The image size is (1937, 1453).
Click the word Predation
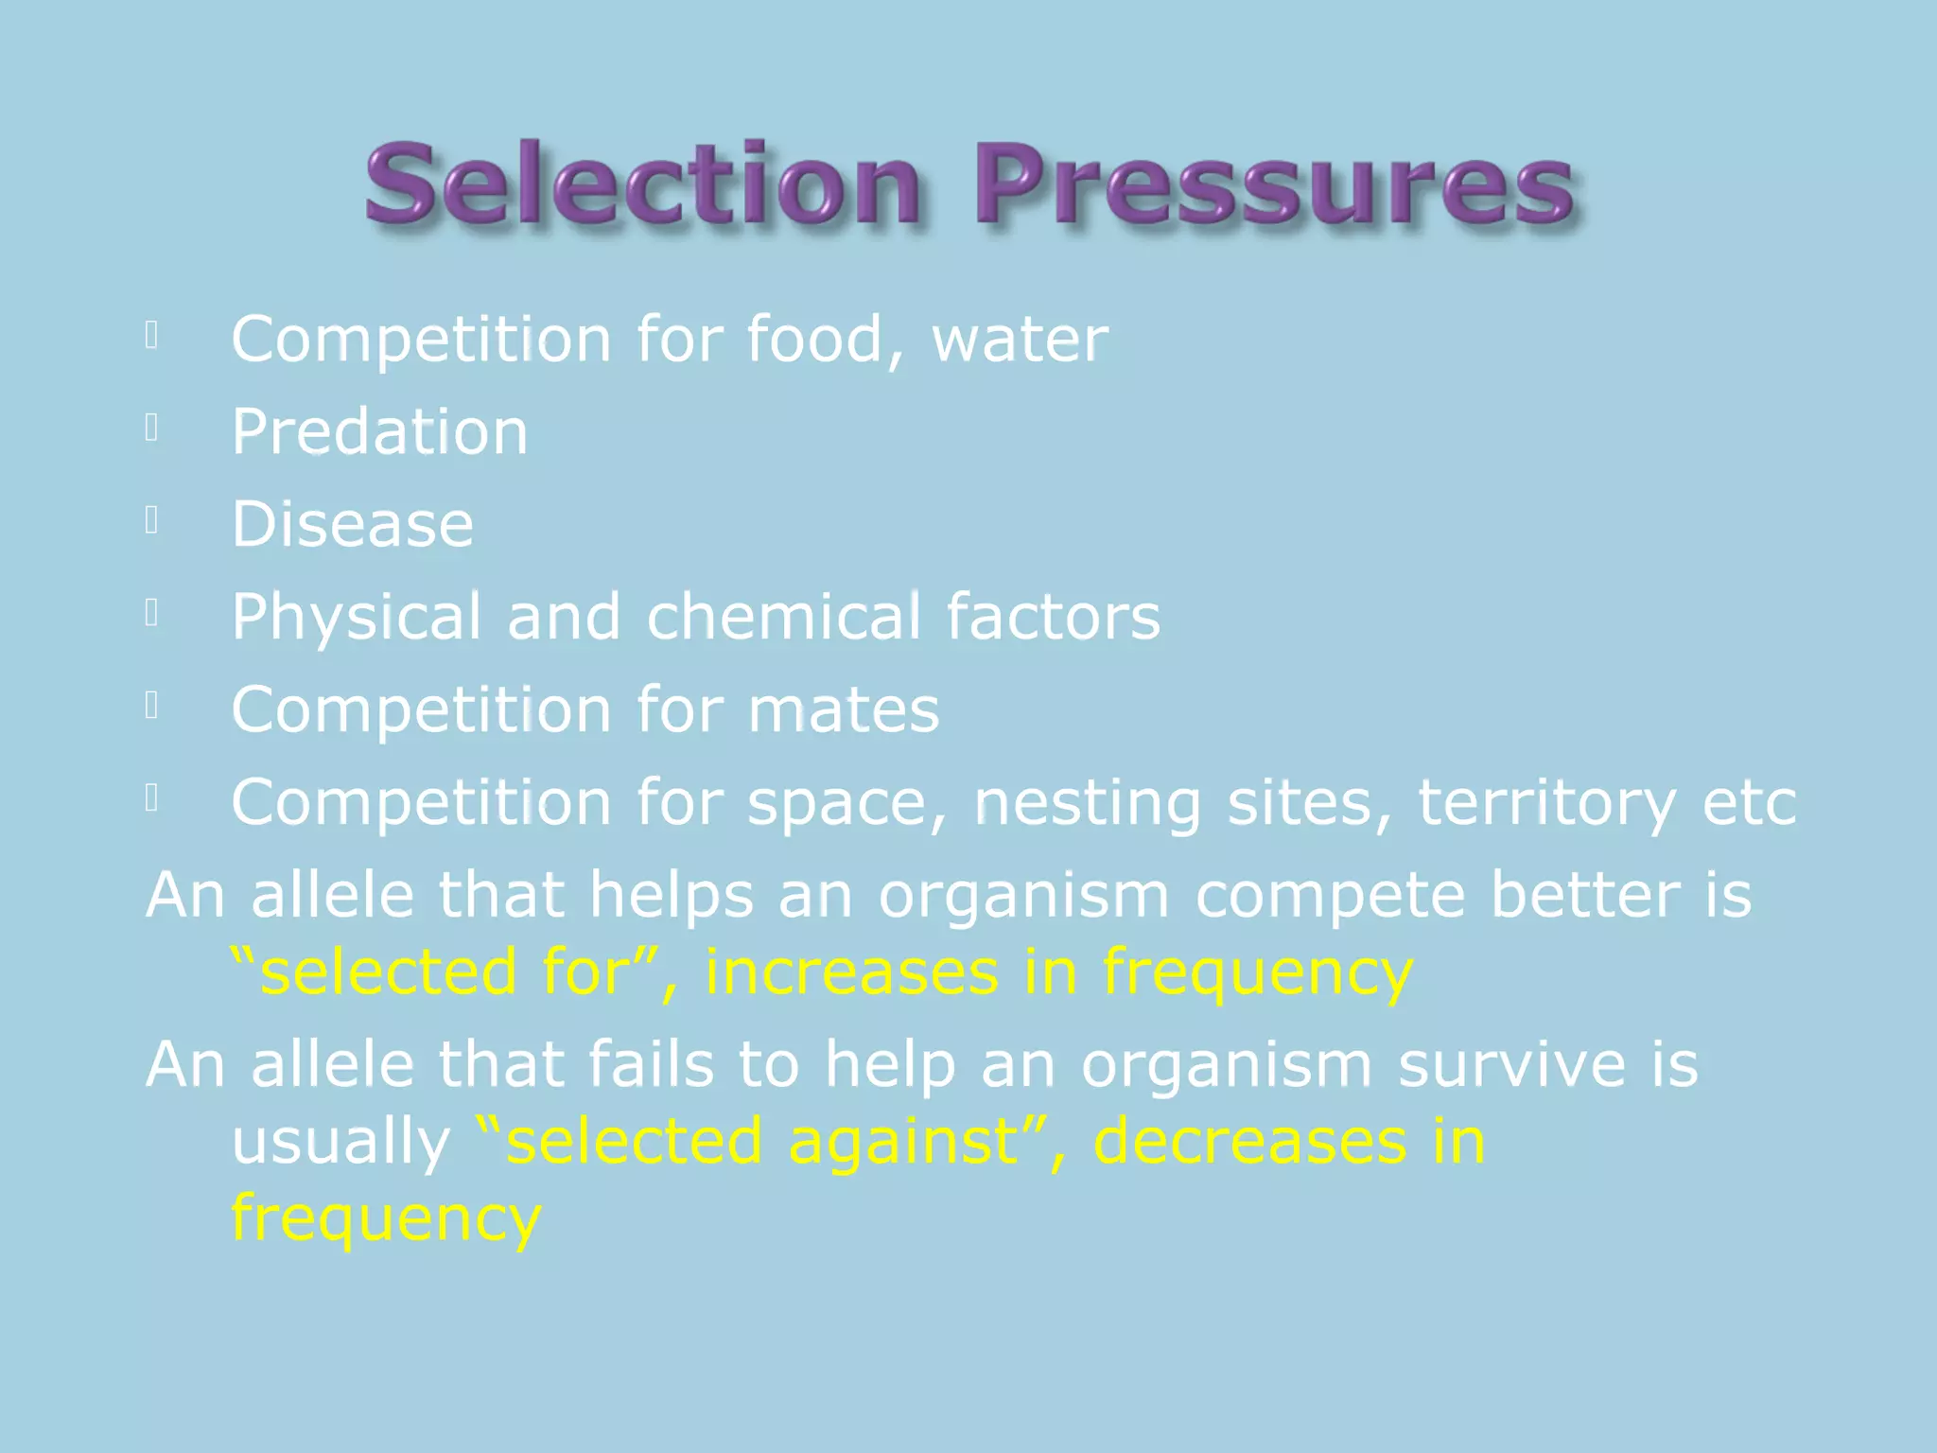379,431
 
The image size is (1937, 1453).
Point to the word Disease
353,524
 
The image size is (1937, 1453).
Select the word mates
844,709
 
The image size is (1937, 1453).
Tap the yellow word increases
851,972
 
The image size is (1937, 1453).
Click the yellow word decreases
1249,1142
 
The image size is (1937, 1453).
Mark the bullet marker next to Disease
151,520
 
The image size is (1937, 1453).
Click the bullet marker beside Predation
151,429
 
